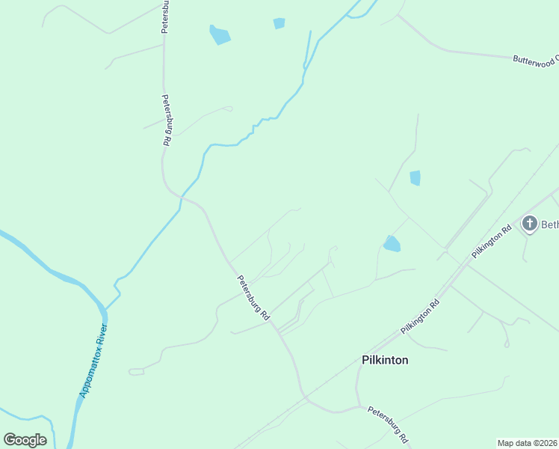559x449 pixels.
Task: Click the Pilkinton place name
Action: tap(385, 360)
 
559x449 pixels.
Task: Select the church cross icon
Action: tap(530, 223)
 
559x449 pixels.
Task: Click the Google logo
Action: tap(25, 440)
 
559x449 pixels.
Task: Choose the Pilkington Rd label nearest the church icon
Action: tap(491, 241)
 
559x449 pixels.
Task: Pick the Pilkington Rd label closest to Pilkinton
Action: tap(419, 315)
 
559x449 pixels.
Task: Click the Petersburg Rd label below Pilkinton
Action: tap(387, 424)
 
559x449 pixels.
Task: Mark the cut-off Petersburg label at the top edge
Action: tap(166, 15)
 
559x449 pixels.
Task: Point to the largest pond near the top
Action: tap(219, 34)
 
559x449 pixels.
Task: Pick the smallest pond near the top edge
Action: tap(279, 23)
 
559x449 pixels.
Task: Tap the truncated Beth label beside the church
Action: tap(549, 224)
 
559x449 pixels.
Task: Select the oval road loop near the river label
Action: tap(136, 371)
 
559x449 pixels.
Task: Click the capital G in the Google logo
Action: tap(10, 440)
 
